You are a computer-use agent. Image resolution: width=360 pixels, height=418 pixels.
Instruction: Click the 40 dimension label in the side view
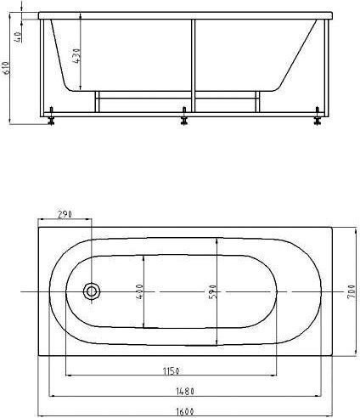tap(18, 38)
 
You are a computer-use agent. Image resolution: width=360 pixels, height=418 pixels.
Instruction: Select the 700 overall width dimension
tap(350, 292)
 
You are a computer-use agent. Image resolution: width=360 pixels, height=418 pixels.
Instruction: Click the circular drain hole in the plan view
tap(91, 292)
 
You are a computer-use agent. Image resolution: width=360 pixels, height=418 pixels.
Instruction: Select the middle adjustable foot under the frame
tap(183, 116)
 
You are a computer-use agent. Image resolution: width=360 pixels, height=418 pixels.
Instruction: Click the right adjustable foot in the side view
tap(318, 116)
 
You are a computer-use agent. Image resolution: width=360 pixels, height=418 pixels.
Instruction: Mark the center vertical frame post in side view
tap(194, 64)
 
